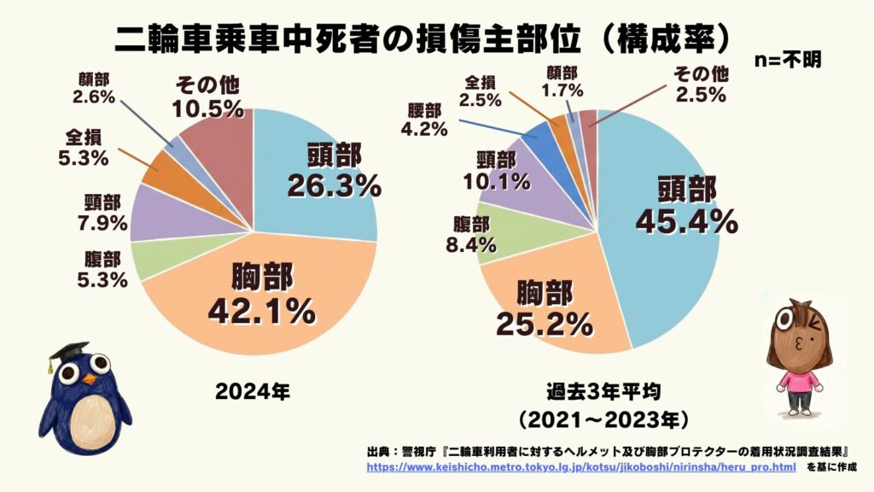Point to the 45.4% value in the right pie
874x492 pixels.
[687, 221]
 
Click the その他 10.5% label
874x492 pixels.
[208, 97]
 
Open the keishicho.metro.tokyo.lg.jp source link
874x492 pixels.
[580, 467]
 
